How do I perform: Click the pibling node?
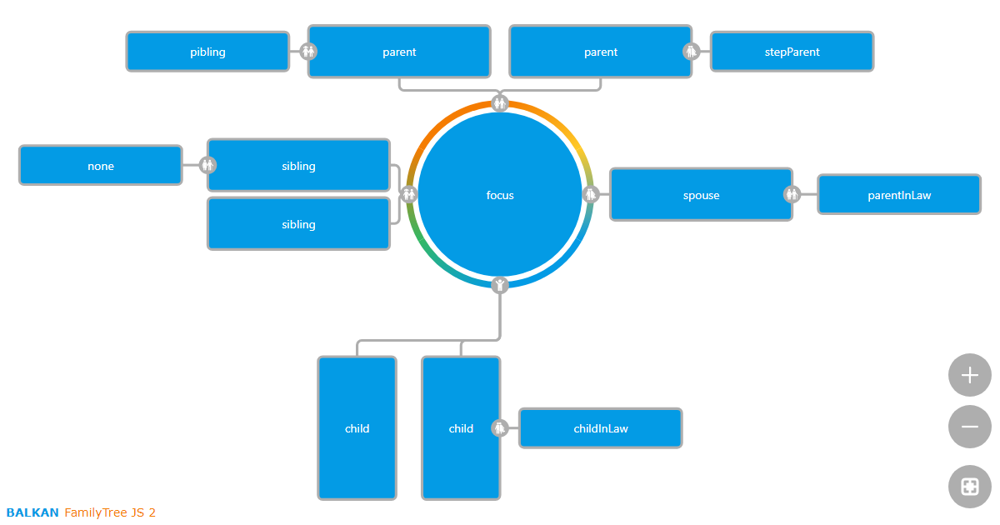[x=207, y=52]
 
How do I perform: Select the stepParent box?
[x=792, y=52]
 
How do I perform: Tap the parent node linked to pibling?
[x=399, y=52]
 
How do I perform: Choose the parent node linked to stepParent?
[x=600, y=52]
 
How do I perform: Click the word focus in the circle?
[x=500, y=195]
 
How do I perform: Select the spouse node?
[x=701, y=195]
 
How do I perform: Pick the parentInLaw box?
[x=899, y=195]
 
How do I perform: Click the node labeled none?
[x=101, y=166]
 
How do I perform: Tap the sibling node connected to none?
[x=298, y=166]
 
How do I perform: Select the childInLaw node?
[x=601, y=428]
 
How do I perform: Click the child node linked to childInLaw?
[x=461, y=428]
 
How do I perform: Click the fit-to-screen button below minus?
[x=970, y=487]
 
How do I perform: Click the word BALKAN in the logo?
[x=32, y=512]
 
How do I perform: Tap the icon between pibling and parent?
[x=308, y=52]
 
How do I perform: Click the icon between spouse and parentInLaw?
[x=792, y=194]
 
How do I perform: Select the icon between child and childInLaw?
[x=500, y=427]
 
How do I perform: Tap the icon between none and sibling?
[x=207, y=165]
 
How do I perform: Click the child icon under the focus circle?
[x=500, y=286]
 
